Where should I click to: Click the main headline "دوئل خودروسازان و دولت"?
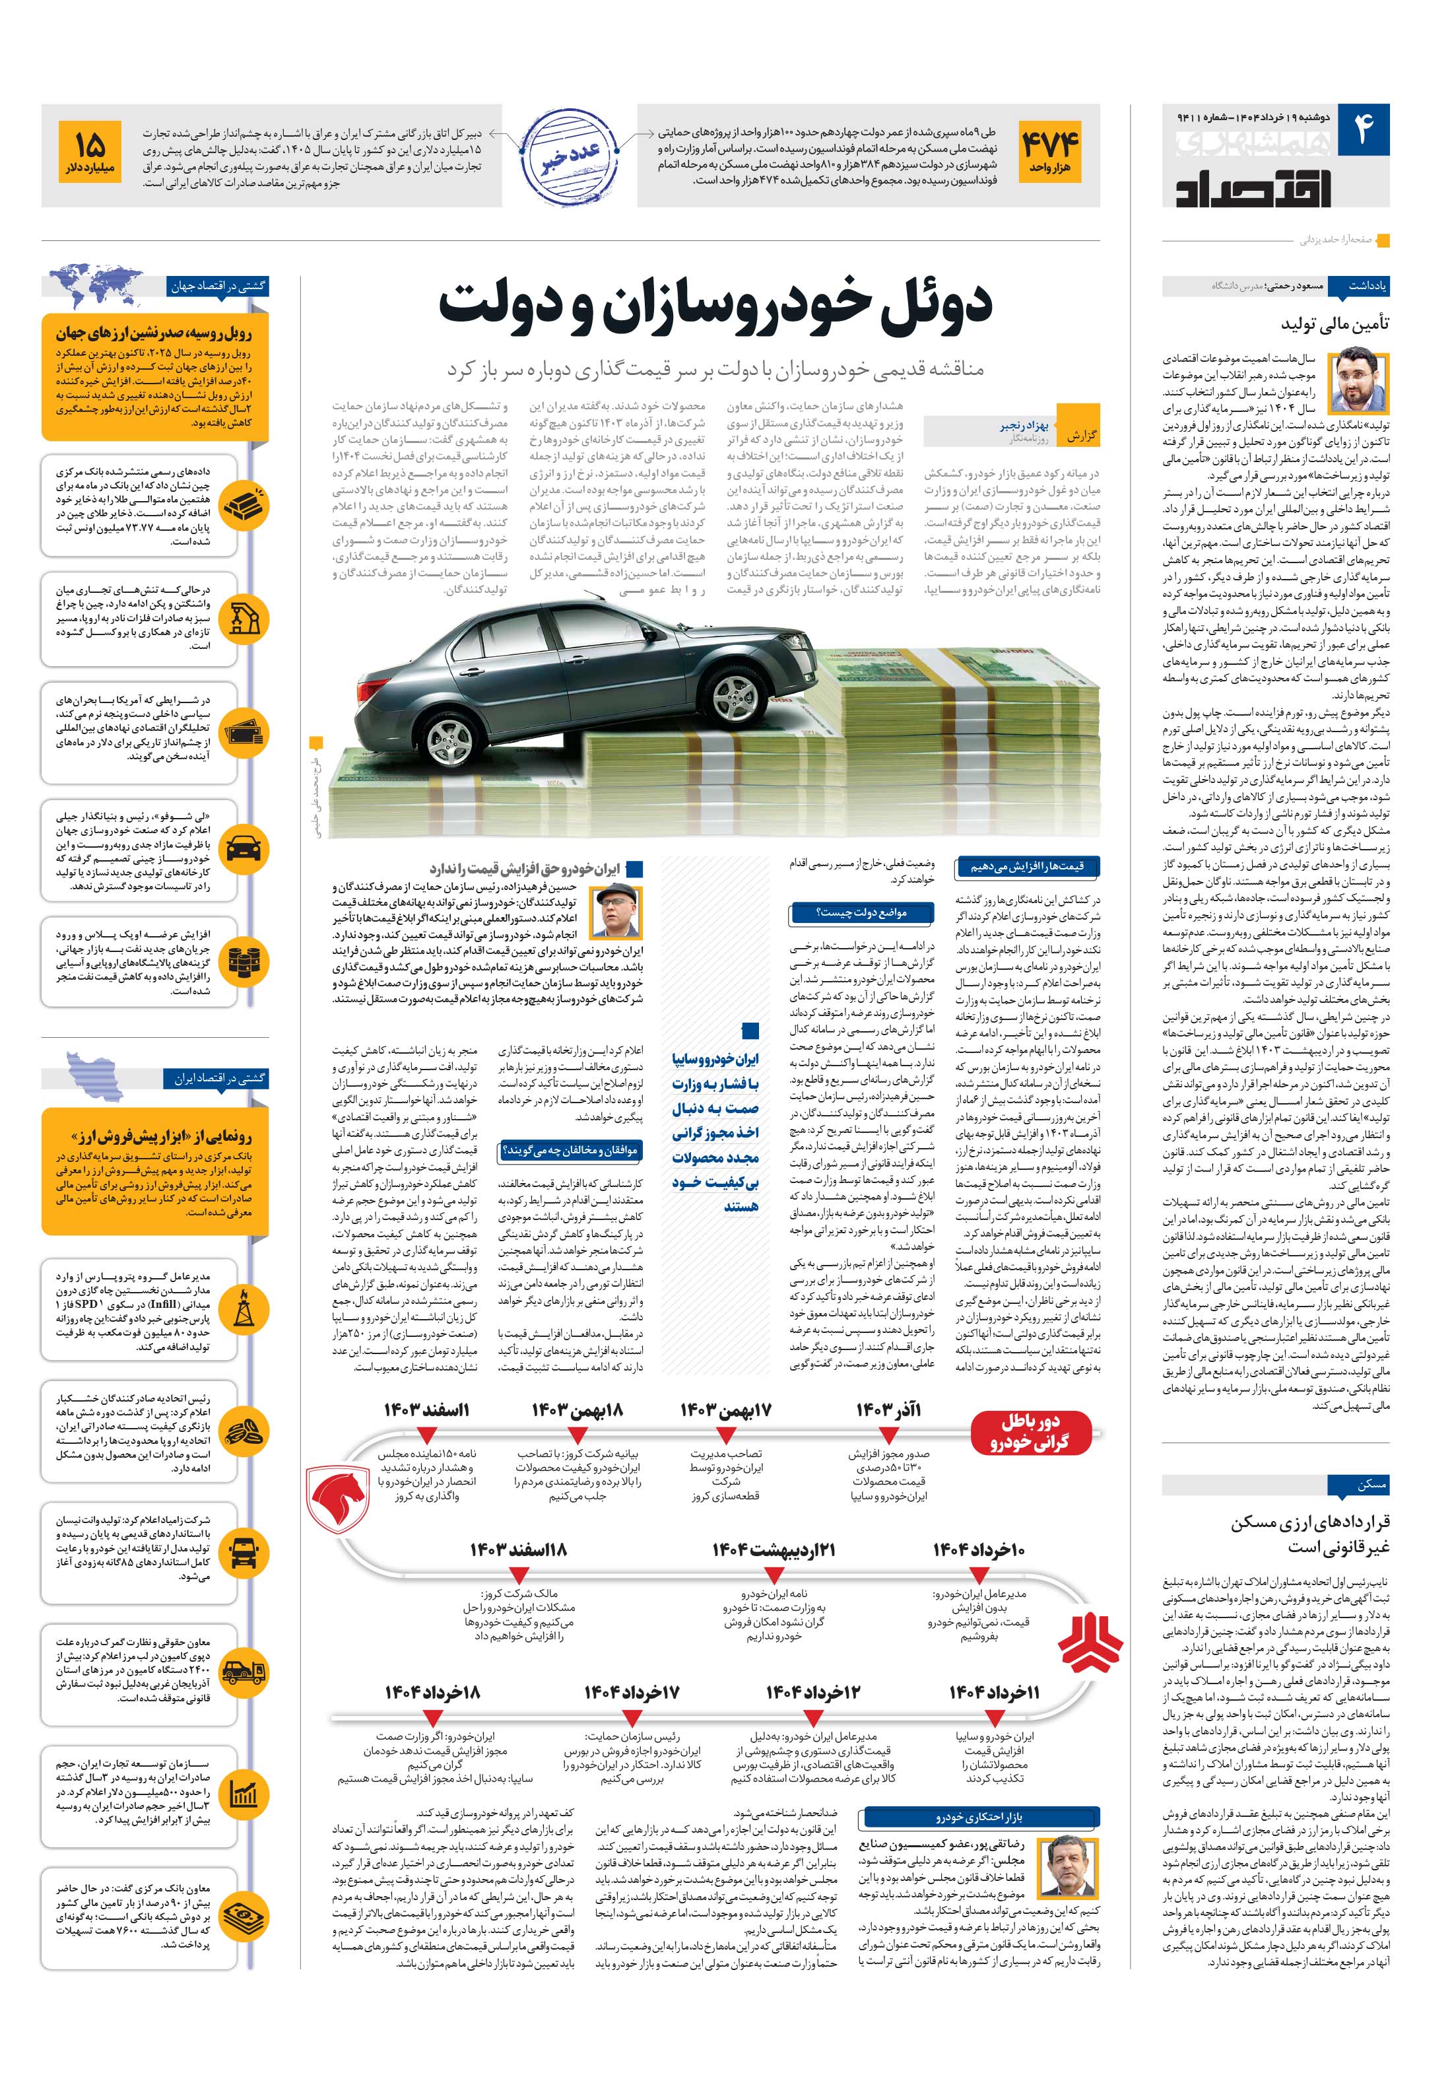point(715,306)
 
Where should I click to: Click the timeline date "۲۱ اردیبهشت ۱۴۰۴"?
point(774,1550)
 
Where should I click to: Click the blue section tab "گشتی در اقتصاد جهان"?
point(217,287)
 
